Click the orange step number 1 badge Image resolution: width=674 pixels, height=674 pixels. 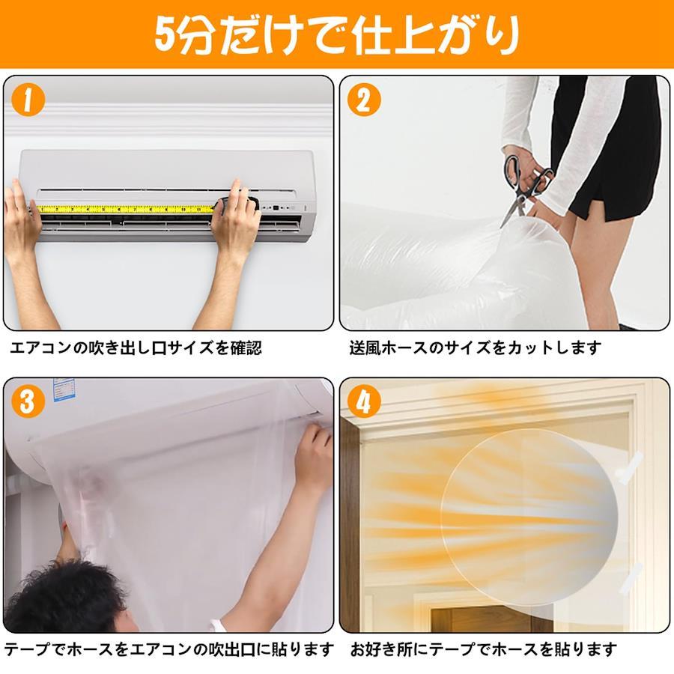(x=28, y=100)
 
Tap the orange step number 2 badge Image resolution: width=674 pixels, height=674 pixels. (x=364, y=100)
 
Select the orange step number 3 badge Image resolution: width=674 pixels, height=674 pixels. (x=28, y=401)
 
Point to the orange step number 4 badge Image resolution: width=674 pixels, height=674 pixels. (x=364, y=401)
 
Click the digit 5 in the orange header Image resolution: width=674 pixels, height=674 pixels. (x=164, y=34)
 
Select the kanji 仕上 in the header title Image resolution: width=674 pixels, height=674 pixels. (x=387, y=34)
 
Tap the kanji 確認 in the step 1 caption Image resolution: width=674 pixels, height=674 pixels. (x=246, y=347)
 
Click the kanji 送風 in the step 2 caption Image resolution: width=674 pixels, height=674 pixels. (x=365, y=347)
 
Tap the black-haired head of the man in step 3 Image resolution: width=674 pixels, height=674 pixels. (x=64, y=598)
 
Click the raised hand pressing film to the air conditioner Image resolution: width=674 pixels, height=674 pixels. (x=313, y=455)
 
